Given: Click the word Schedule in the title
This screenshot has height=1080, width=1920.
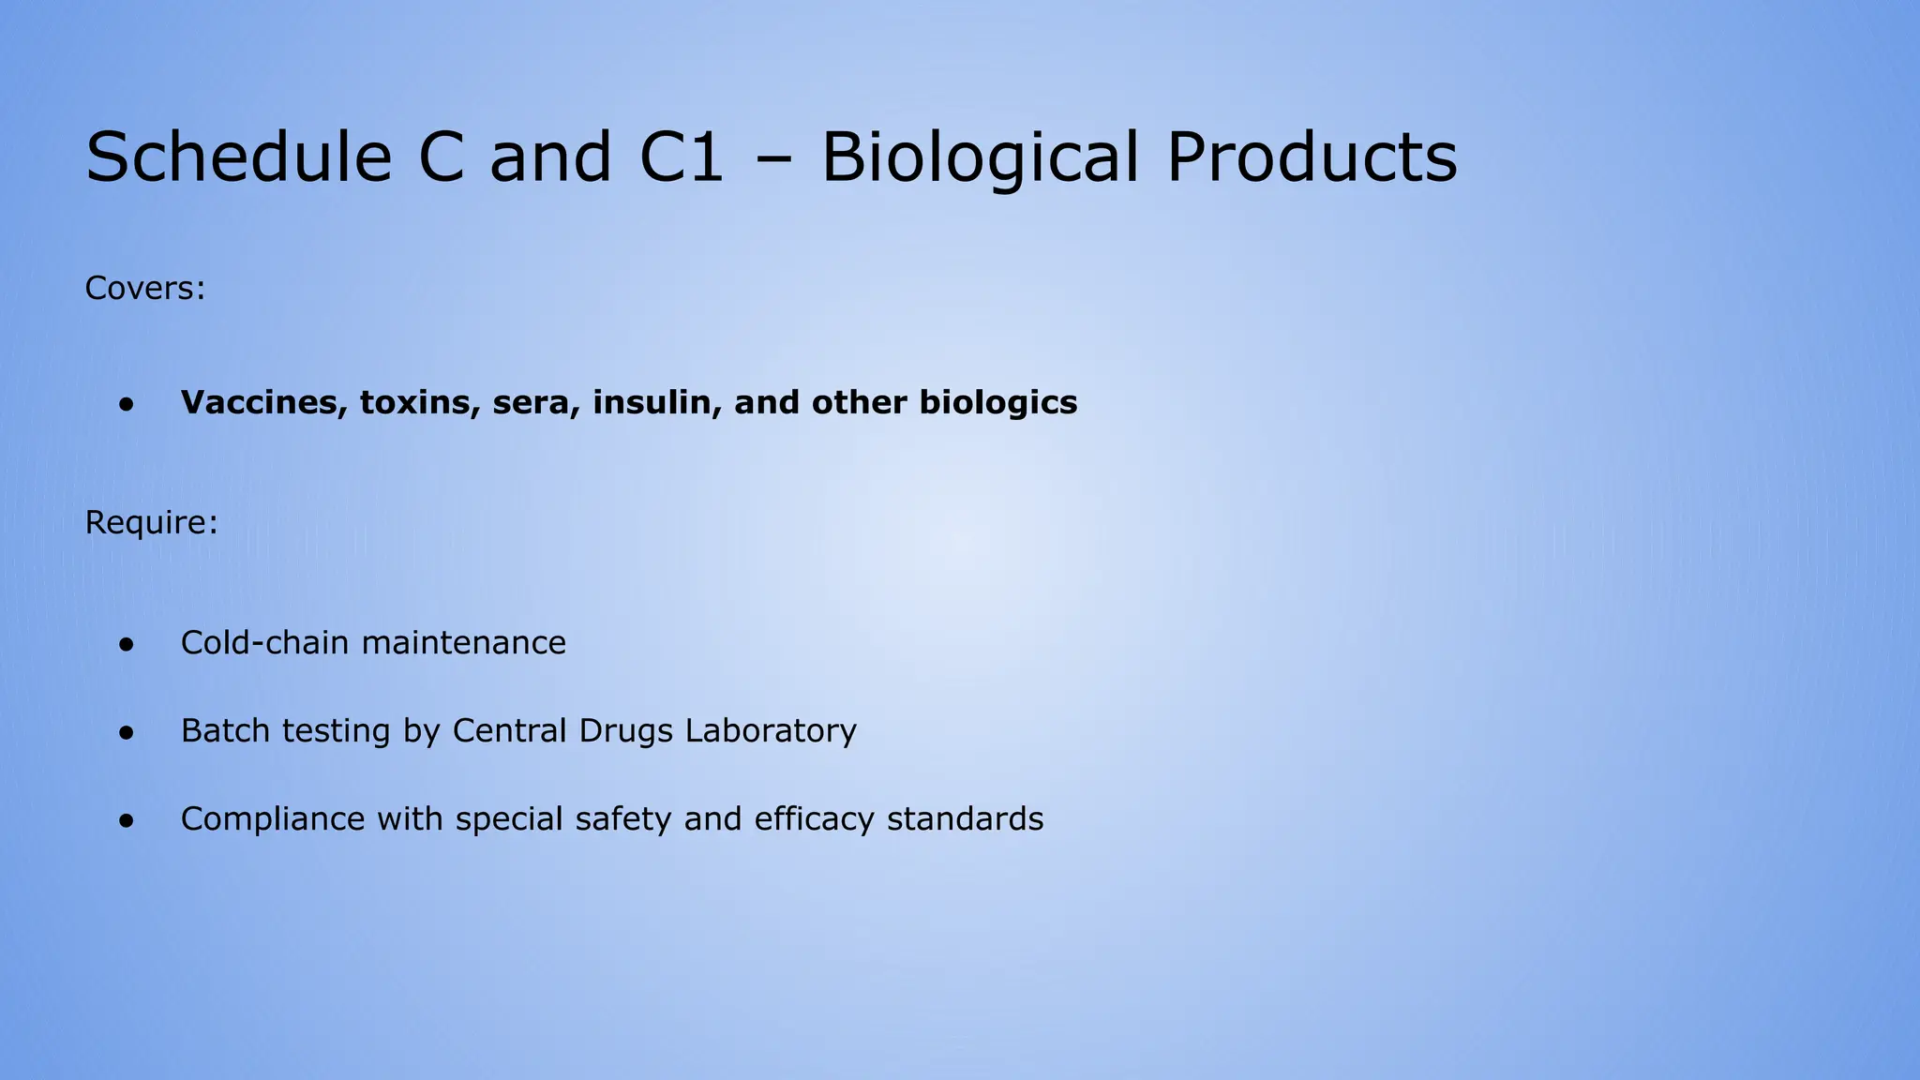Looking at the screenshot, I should click(x=238, y=157).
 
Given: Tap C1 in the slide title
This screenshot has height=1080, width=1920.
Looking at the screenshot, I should click(x=682, y=157).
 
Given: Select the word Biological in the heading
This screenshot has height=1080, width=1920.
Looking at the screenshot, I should click(x=981, y=157).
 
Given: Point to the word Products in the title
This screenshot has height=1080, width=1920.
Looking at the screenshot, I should click(x=1312, y=157).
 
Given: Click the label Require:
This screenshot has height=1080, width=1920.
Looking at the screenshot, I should click(x=151, y=523).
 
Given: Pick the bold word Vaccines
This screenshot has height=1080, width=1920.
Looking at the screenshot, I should click(x=264, y=403).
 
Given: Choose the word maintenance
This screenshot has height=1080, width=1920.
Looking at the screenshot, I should click(x=463, y=643).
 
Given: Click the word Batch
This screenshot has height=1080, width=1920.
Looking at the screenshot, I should click(x=226, y=731).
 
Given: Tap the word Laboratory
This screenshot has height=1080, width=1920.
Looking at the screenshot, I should click(x=771, y=731).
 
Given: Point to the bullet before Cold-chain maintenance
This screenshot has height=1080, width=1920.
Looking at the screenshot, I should click(x=127, y=645).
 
